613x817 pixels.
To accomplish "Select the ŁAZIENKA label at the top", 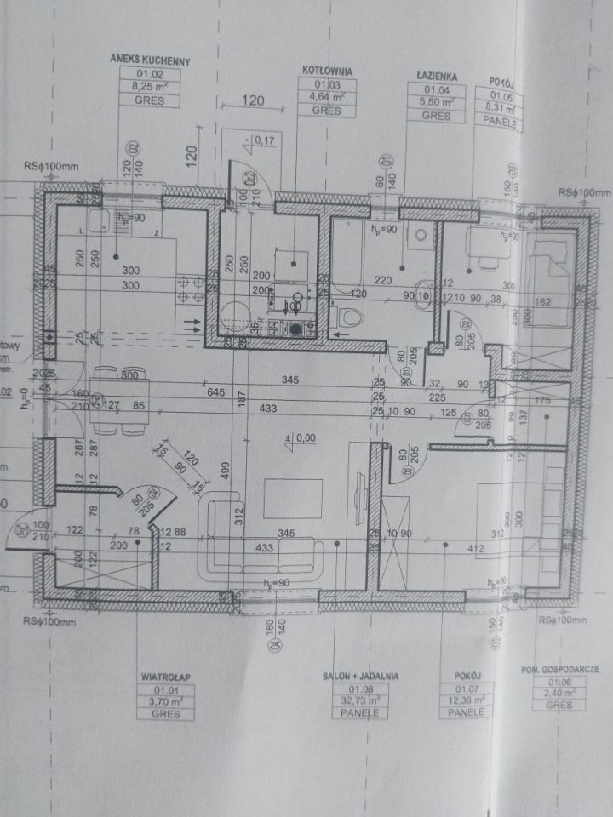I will tap(438, 77).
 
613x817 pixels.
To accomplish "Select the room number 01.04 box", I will tap(437, 89).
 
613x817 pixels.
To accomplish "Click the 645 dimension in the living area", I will tap(215, 392).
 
